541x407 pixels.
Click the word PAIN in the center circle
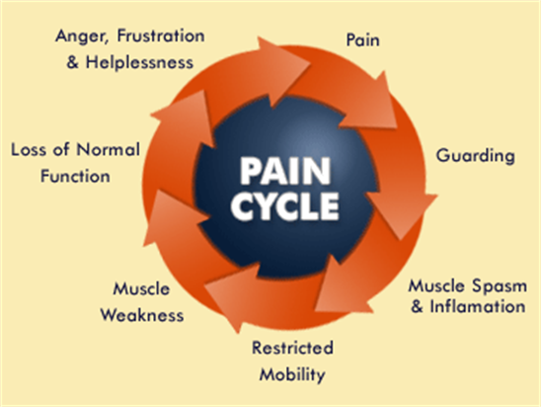click(x=285, y=171)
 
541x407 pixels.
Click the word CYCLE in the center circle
click(x=285, y=206)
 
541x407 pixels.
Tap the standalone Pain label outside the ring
click(x=362, y=40)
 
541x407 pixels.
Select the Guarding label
click(x=475, y=156)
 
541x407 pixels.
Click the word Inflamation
click(x=477, y=306)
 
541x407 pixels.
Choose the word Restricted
click(x=292, y=348)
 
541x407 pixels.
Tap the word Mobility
click(x=292, y=374)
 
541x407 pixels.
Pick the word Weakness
click(x=142, y=315)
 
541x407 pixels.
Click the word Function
click(x=75, y=176)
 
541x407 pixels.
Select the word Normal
click(x=108, y=149)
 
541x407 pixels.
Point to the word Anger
click(x=82, y=37)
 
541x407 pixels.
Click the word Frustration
click(x=161, y=36)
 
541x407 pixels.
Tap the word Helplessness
click(x=139, y=62)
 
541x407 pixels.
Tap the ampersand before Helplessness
click(x=72, y=63)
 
